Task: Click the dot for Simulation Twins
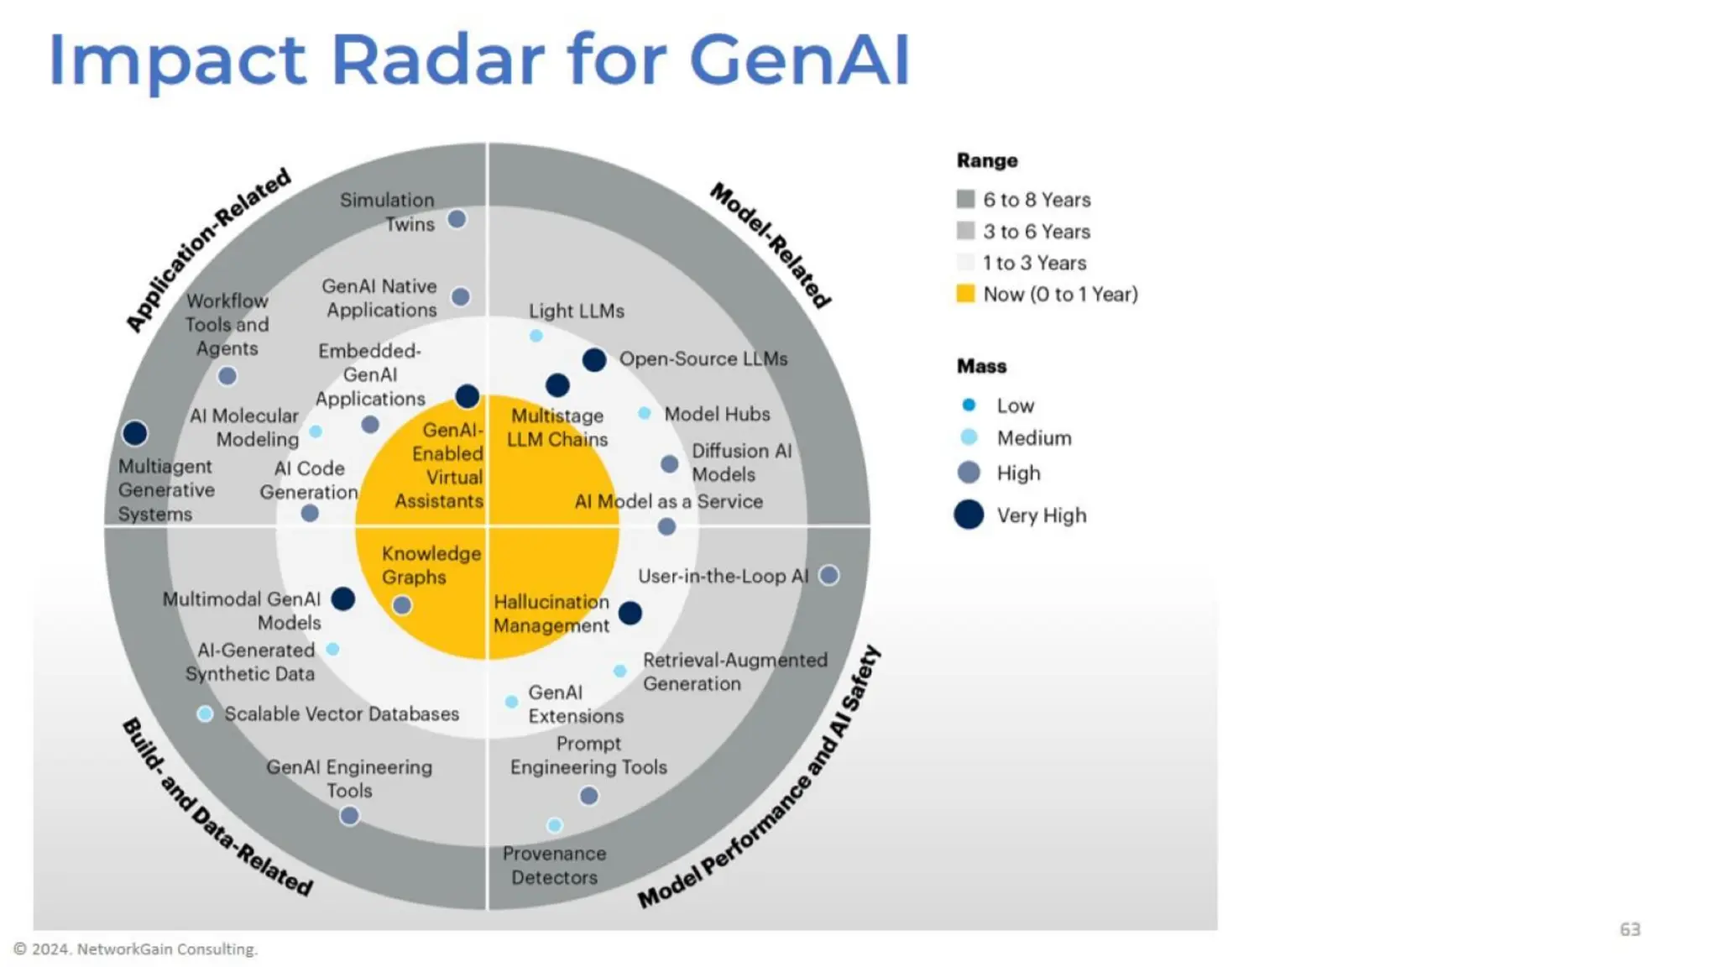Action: [457, 219]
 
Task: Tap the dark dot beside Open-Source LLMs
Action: [594, 360]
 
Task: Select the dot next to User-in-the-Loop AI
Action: [828, 575]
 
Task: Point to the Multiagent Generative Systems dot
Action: [135, 433]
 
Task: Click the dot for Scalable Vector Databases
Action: [205, 713]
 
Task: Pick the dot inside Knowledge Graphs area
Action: [402, 604]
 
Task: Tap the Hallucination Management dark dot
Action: [630, 613]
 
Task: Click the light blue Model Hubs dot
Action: [645, 413]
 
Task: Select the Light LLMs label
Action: [577, 311]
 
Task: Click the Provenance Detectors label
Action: [554, 865]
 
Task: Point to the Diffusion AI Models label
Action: [741, 463]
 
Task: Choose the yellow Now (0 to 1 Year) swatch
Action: [965, 294]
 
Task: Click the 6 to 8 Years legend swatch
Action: [965, 199]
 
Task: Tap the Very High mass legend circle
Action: [969, 515]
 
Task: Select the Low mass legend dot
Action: [969, 405]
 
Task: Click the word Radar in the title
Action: [437, 60]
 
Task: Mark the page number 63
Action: [1629, 929]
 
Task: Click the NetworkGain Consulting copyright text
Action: [136, 949]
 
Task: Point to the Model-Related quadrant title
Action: [771, 245]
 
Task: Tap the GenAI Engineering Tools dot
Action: [349, 815]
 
